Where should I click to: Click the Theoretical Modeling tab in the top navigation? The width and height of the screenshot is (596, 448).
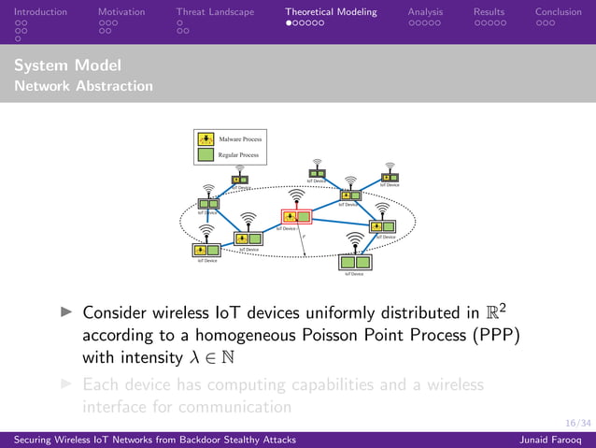click(x=331, y=12)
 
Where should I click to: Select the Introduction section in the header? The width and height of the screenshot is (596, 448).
click(x=34, y=12)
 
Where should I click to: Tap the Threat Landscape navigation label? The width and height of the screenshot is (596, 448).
click(x=215, y=12)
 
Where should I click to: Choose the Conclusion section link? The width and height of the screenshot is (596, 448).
click(x=558, y=12)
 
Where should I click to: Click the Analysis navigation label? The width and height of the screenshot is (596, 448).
click(x=426, y=12)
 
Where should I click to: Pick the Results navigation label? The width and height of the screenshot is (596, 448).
click(x=489, y=12)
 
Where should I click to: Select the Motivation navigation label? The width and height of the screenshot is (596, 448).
click(x=121, y=12)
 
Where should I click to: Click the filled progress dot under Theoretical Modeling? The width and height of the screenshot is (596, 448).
click(x=290, y=22)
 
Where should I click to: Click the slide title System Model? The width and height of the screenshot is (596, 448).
click(x=68, y=65)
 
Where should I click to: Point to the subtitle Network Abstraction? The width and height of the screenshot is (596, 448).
click(x=84, y=86)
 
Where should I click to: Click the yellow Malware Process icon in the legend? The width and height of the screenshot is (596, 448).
click(x=206, y=138)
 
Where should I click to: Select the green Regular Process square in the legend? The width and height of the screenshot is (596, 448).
click(x=206, y=154)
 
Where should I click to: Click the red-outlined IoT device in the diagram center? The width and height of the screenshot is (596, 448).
click(x=296, y=217)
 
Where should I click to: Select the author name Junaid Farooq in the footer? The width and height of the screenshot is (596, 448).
click(x=557, y=440)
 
